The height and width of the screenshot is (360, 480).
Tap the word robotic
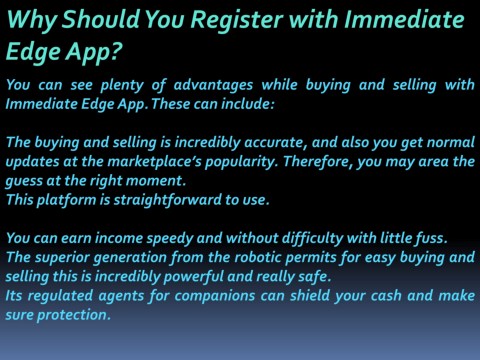point(255,257)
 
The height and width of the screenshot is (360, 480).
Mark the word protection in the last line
point(73,314)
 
